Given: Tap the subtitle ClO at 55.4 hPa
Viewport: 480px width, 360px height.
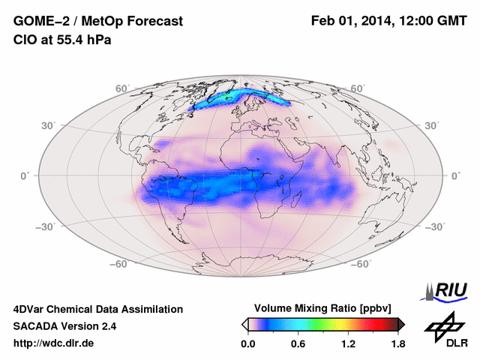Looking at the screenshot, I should pyautogui.click(x=62, y=40).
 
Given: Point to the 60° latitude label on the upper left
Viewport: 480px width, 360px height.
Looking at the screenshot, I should pyautogui.click(x=121, y=88).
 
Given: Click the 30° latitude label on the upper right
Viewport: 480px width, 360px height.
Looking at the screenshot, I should pyautogui.click(x=433, y=125).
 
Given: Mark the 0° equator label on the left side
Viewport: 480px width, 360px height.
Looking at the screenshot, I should pyautogui.click(x=24, y=175).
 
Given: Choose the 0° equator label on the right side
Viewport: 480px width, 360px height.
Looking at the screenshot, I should pyautogui.click(x=455, y=175).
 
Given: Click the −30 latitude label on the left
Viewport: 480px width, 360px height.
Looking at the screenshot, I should pyautogui.click(x=45, y=226).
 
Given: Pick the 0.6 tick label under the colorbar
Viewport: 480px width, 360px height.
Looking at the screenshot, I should pyautogui.click(x=298, y=344).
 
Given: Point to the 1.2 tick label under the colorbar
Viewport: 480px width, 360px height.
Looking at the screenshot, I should pyautogui.click(x=347, y=344).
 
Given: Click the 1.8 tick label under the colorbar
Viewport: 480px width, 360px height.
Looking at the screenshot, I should pyautogui.click(x=397, y=344).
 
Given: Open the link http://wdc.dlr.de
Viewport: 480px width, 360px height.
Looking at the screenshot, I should pyautogui.click(x=54, y=343).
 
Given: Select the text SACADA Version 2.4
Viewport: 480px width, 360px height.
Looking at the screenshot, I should pyautogui.click(x=64, y=326).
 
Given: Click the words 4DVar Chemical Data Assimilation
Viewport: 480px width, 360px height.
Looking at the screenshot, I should pyautogui.click(x=97, y=309).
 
